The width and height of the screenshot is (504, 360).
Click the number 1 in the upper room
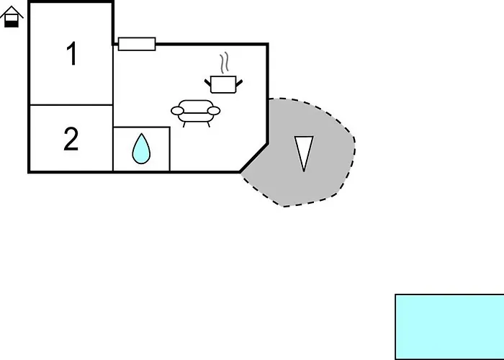tap(71, 55)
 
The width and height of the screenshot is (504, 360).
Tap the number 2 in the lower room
tap(71, 139)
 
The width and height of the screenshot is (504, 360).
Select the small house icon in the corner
tap(12, 17)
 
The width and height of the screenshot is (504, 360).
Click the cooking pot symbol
tap(224, 84)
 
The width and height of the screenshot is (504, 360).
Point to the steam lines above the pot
tap(225, 63)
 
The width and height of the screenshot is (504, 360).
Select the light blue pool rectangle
tap(449, 326)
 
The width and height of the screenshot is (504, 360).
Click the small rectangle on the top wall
tap(137, 44)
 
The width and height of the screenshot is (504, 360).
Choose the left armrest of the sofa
tap(177, 111)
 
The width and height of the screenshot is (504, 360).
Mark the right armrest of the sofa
tap(214, 110)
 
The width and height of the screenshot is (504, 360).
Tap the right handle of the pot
tap(240, 82)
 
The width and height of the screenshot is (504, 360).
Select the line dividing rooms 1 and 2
tap(71, 105)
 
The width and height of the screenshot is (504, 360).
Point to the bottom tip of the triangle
tap(304, 170)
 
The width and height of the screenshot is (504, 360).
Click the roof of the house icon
tap(12, 11)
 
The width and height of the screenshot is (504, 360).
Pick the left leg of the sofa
tap(185, 124)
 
